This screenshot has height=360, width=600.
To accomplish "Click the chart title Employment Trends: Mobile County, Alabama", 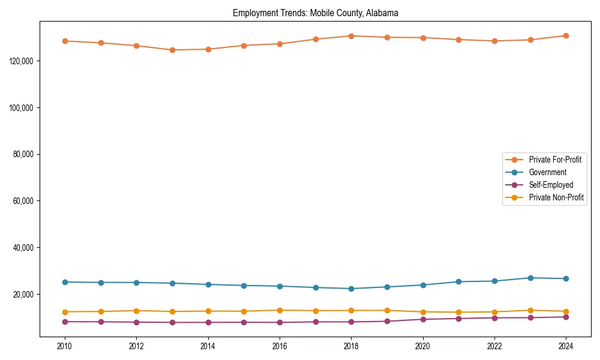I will point(315,13).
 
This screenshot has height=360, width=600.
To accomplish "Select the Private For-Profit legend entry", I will point(555,160).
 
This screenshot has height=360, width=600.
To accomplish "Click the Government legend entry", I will point(547,172).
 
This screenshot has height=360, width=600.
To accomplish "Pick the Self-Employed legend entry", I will point(551,185).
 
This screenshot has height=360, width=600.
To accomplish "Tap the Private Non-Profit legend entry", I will point(556,197).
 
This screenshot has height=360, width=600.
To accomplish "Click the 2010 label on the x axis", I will point(65,346).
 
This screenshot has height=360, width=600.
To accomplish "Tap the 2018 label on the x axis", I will point(351,346).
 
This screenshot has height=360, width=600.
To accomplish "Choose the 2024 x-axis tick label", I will point(566,346).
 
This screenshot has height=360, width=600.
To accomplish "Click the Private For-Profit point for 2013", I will point(172,50).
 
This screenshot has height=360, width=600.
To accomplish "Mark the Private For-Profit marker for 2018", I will point(351,36).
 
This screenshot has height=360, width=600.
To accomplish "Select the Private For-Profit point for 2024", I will point(566,35).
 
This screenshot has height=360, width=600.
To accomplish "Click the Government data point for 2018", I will point(351,289).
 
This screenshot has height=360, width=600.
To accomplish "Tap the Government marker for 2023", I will point(530,278).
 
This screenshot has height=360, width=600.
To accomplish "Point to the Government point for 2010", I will point(65,282).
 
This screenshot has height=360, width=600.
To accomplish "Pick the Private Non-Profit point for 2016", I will point(280,310).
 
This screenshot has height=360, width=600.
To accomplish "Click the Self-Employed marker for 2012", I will point(136,322).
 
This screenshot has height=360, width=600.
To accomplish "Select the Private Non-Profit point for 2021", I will point(458,312).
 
